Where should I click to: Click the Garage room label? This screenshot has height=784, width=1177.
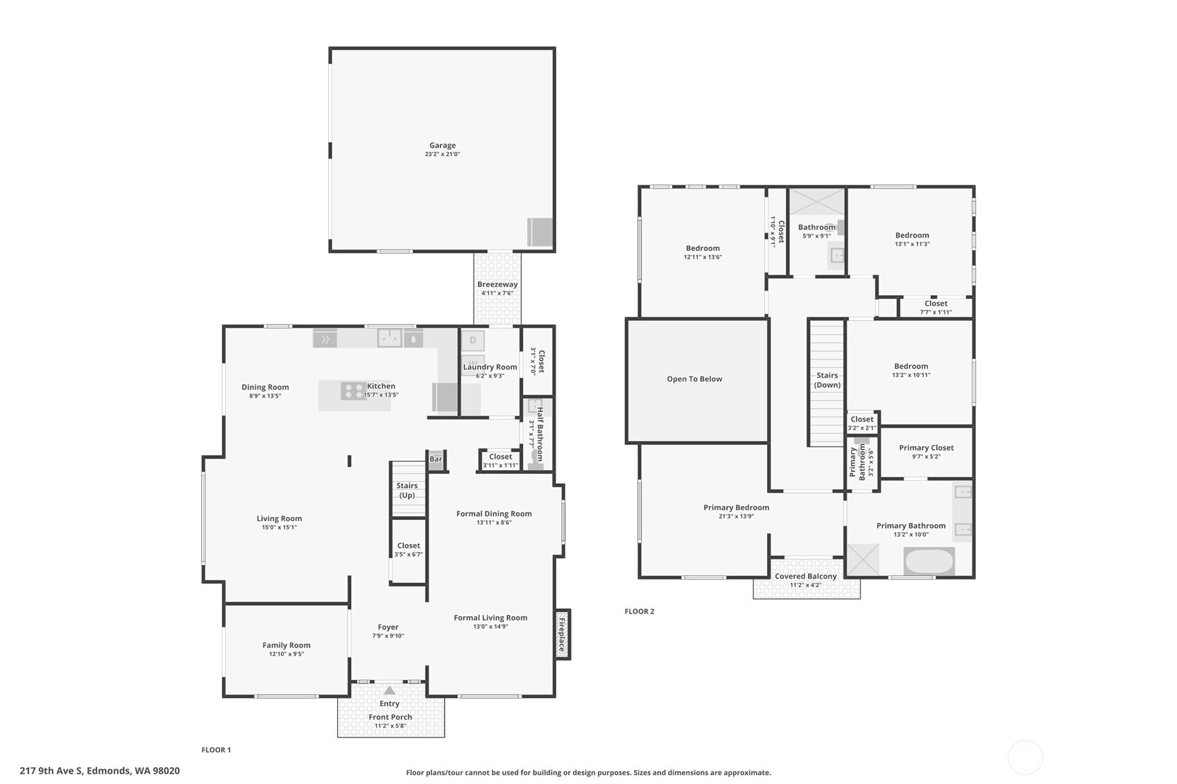click(443, 146)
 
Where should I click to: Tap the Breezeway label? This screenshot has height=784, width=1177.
click(497, 285)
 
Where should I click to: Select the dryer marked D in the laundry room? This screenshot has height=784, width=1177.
click(473, 340)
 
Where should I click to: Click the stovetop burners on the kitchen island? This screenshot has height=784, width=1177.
click(352, 391)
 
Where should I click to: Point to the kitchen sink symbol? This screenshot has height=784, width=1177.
click(389, 338)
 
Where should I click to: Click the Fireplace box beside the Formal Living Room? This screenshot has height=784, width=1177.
click(562, 634)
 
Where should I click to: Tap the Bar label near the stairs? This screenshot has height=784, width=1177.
click(436, 459)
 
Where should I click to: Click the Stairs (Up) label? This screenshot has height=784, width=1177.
click(407, 491)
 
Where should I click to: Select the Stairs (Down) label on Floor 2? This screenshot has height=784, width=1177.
click(827, 380)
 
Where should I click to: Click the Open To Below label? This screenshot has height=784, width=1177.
click(695, 379)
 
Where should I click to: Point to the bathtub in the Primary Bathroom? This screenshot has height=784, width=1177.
click(929, 561)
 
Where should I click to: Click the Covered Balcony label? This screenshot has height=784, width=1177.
click(805, 577)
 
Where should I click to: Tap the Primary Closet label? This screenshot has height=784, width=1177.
click(927, 448)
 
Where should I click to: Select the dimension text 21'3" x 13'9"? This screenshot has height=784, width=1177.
click(736, 516)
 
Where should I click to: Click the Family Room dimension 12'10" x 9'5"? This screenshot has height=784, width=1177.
click(286, 654)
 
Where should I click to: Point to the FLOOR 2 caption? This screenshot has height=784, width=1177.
click(639, 611)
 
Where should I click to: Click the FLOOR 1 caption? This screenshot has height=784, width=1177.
click(216, 750)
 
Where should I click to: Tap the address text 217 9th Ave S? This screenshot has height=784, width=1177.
click(51, 771)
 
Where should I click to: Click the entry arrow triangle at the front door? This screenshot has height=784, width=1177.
click(389, 690)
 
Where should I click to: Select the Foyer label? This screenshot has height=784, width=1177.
click(388, 627)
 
